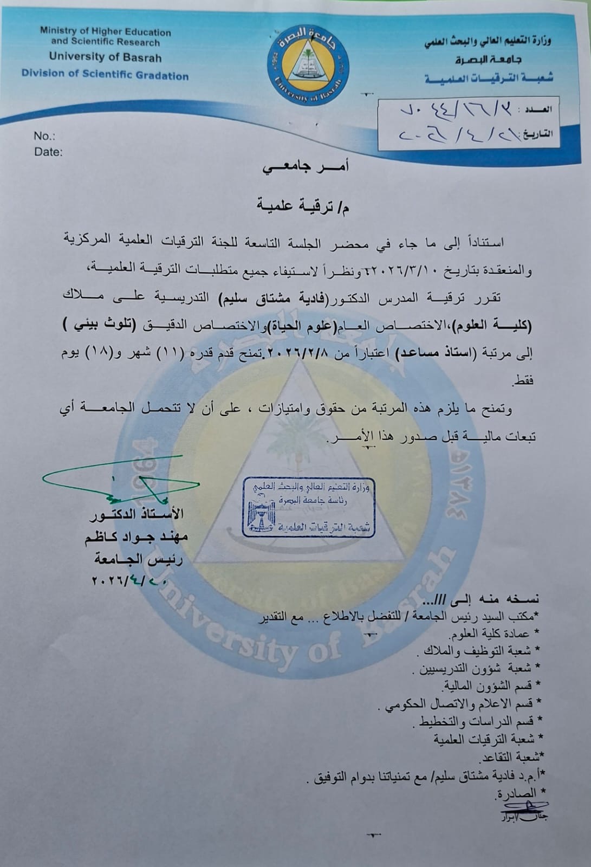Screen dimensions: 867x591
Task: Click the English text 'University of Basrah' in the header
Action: pos(105,56)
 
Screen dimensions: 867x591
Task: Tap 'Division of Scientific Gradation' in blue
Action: pos(105,75)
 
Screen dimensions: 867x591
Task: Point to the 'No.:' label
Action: pos(44,136)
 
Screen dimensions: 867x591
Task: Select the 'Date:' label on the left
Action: pos(48,152)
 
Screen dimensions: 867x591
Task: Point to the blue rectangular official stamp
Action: pos(308,507)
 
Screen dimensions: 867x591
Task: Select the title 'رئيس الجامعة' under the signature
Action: pos(138,559)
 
